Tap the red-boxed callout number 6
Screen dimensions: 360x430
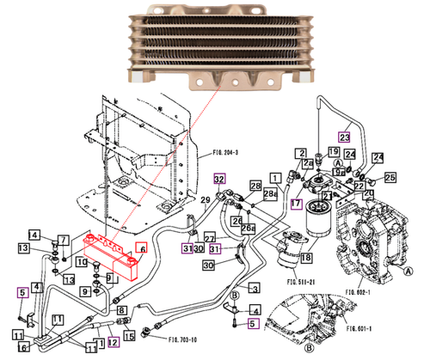(x=141, y=247)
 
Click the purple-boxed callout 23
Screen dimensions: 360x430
(x=344, y=137)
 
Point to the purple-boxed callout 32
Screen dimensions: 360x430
(x=219, y=179)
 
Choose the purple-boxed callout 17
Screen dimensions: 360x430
(x=296, y=204)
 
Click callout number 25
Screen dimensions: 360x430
(x=390, y=178)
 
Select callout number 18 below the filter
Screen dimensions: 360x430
(x=305, y=257)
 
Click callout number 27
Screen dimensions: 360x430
(x=209, y=238)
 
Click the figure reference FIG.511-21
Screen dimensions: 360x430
(x=302, y=280)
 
